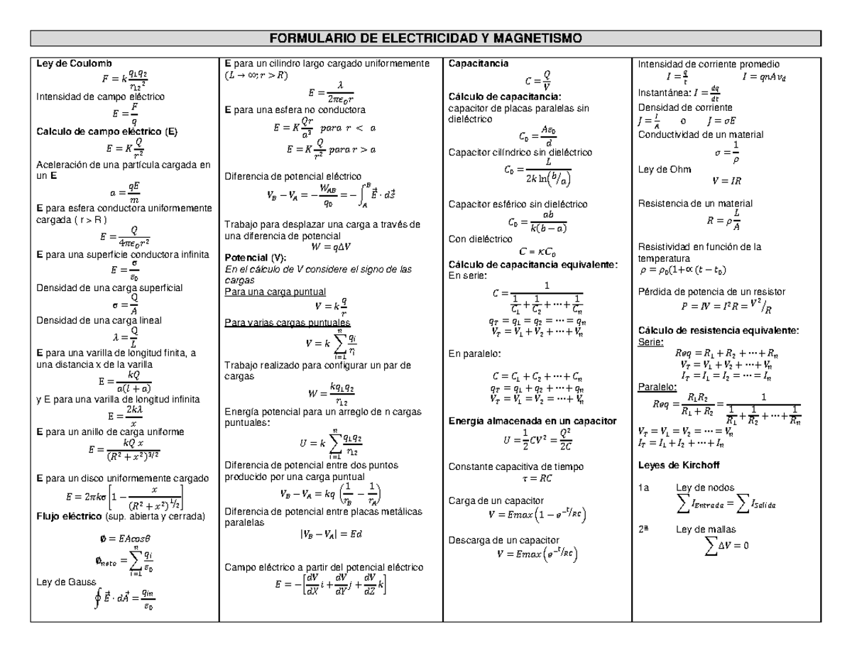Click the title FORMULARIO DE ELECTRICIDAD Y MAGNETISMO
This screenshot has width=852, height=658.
click(x=425, y=38)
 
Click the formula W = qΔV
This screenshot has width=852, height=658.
click(x=331, y=247)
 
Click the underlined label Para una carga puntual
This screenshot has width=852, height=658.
click(x=275, y=292)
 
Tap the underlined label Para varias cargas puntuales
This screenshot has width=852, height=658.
click(x=282, y=323)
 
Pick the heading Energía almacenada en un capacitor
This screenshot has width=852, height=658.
click(x=533, y=421)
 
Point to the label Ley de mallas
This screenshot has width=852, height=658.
click(x=706, y=529)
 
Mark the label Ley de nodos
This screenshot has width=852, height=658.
click(x=705, y=488)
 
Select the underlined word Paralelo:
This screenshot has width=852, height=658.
click(x=657, y=387)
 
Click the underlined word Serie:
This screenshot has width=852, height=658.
click(x=651, y=341)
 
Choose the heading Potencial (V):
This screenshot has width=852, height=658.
click(x=256, y=258)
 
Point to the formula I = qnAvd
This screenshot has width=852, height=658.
click(x=763, y=77)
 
